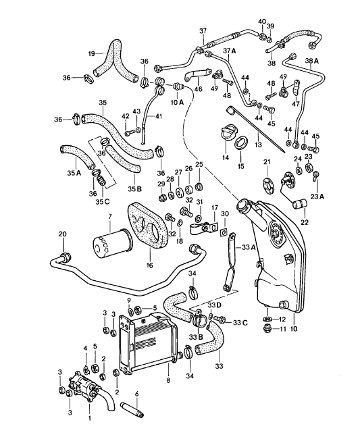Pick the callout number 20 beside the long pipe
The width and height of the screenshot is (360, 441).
tap(62, 234)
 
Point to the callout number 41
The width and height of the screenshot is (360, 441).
tap(159, 116)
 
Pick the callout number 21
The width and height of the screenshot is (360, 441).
tap(266, 161)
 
